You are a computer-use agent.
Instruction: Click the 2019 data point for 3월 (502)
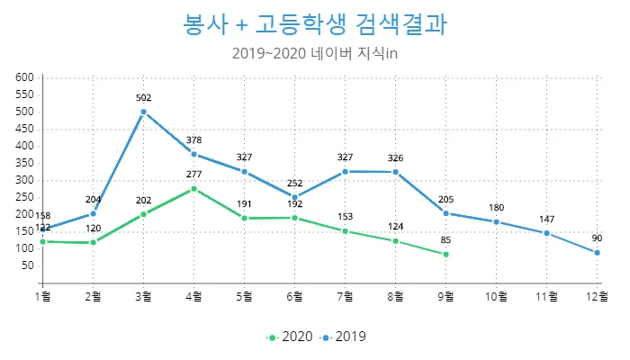[x=143, y=112]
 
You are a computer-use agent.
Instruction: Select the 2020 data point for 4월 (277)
[x=193, y=189]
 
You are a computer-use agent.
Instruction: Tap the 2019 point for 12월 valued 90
[x=597, y=253]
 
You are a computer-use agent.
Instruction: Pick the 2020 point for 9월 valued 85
[x=445, y=255]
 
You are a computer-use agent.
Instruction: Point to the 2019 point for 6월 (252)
[x=294, y=197]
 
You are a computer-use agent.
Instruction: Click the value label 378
[x=193, y=140]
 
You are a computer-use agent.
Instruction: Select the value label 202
[x=143, y=201]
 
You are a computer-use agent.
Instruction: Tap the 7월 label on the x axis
[x=345, y=295]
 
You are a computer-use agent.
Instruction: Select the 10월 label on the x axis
[x=496, y=295]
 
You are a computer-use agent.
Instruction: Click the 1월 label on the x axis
[x=42, y=295]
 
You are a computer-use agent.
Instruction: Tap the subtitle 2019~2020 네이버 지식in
[x=314, y=54]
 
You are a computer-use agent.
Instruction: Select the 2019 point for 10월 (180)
[x=496, y=221]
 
